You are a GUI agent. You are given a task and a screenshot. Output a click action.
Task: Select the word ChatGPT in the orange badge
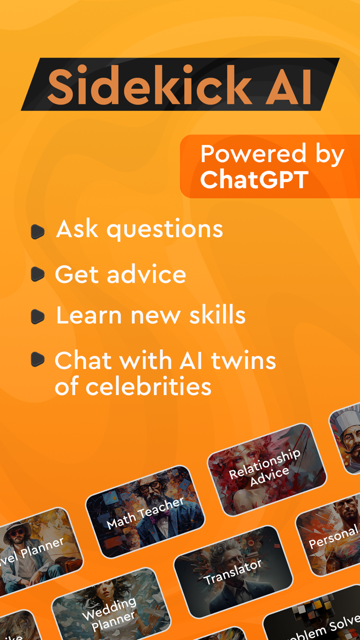[254, 180]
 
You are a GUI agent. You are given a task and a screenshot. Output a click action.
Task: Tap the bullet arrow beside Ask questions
[38, 232]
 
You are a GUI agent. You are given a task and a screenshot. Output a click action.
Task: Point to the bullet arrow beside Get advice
[38, 275]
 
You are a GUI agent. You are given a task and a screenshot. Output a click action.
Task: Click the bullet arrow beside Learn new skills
[38, 316]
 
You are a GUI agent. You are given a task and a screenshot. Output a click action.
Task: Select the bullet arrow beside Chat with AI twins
[38, 359]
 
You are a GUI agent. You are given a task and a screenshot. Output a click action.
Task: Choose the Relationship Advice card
[266, 468]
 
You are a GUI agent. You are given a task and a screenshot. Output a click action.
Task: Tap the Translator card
[233, 572]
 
